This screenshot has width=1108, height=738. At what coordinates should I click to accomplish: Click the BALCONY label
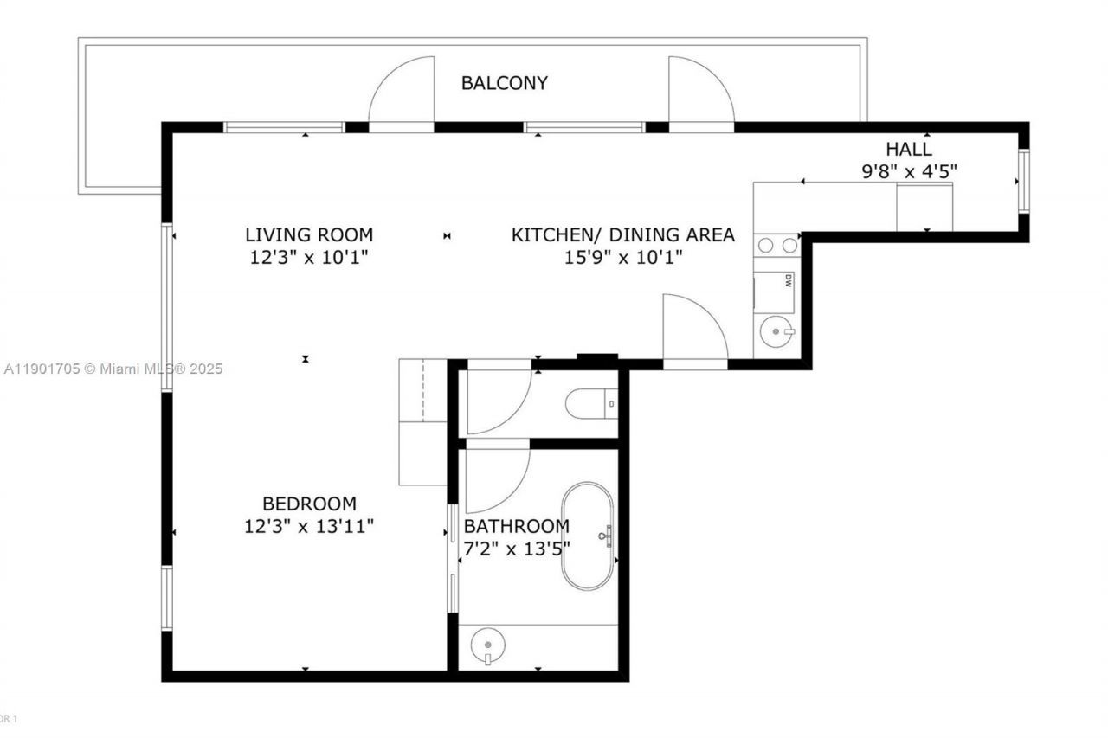504,83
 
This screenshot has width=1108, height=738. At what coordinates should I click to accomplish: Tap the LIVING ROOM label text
309,234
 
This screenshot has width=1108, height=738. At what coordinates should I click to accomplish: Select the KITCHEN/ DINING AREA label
622,234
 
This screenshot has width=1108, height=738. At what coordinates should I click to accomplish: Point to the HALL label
908,149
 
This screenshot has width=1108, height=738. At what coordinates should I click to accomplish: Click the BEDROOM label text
309,504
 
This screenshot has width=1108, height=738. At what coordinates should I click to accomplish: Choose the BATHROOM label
517,526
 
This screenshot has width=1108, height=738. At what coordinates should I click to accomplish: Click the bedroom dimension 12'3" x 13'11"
309,526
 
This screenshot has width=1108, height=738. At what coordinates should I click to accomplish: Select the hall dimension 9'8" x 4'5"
908,171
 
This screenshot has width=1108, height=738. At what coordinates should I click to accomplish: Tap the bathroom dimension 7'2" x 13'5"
517,549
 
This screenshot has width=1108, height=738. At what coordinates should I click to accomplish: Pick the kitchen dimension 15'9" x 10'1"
622,257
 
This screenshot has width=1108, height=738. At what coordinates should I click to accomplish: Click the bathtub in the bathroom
588,536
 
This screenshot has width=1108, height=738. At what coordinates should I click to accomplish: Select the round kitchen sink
776,330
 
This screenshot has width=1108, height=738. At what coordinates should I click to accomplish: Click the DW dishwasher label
788,280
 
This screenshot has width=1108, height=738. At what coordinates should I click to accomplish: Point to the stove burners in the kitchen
776,246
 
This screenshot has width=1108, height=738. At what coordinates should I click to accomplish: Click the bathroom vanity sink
487,645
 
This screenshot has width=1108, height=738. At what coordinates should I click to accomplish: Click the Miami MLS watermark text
113,369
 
